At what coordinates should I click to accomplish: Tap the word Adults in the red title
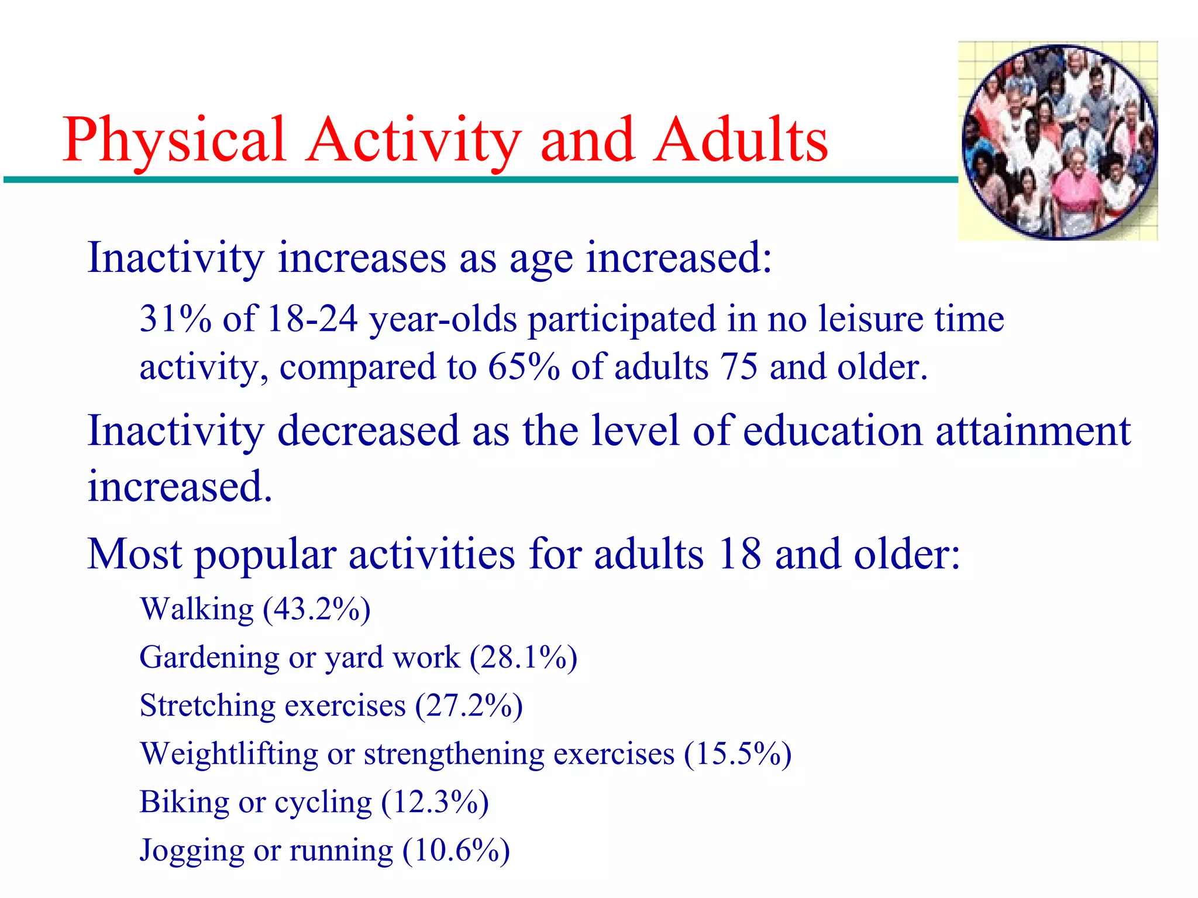[741, 140]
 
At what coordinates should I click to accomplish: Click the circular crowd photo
[1058, 141]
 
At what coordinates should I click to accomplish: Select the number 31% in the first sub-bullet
[175, 319]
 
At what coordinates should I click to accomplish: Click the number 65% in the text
[524, 367]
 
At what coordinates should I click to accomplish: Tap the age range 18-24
[312, 319]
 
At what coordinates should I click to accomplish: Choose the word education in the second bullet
[833, 430]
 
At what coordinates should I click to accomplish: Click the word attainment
[1032, 430]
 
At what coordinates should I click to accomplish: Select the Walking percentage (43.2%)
[316, 609]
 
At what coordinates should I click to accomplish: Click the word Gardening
[209, 657]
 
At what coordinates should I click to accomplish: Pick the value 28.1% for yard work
[524, 657]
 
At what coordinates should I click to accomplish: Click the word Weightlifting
[229, 753]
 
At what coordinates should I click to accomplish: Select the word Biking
[184, 802]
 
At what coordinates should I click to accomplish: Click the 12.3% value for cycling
[435, 802]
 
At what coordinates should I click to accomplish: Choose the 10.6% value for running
[456, 850]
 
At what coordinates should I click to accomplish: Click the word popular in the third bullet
[266, 554]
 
